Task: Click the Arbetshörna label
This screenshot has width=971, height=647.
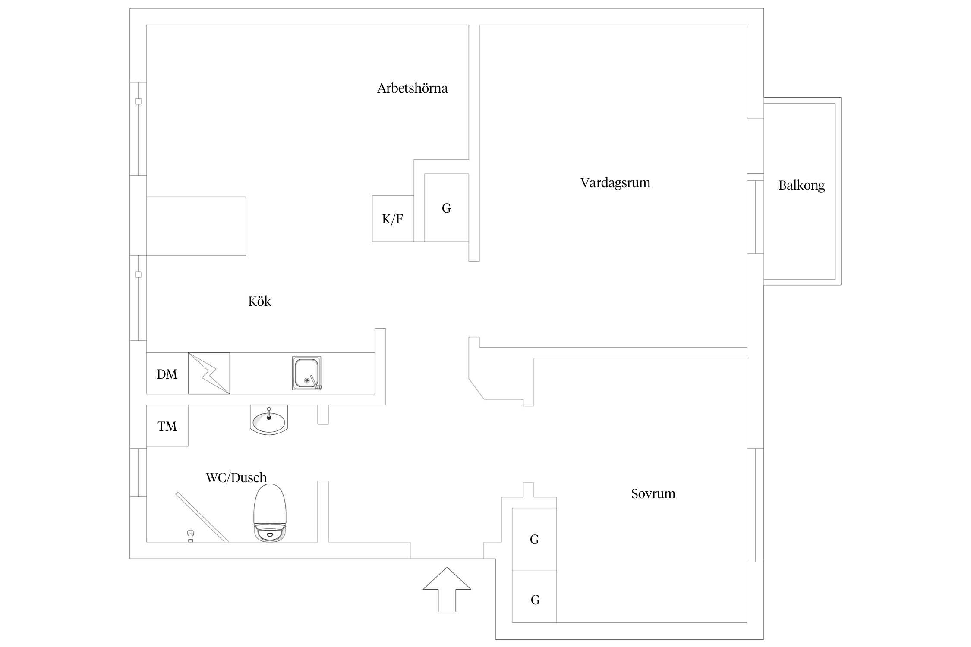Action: point(412,88)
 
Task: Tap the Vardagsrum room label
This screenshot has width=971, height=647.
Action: point(615,183)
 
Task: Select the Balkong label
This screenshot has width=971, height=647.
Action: point(801,185)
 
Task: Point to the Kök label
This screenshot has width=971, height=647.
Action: point(259,301)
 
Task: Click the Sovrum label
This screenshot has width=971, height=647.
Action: point(653,493)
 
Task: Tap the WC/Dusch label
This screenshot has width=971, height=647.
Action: point(236,477)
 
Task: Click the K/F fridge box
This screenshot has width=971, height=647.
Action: point(393,219)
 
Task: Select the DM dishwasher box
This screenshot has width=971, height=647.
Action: point(167,374)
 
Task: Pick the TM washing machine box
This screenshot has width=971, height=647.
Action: point(167,426)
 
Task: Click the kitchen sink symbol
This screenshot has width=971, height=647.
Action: point(307,373)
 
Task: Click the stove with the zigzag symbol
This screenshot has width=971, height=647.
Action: point(209,373)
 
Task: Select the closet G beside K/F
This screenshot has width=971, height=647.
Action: point(446,208)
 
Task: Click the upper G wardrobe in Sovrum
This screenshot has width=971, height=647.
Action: point(534,539)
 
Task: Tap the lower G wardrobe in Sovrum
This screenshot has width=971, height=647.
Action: point(534,600)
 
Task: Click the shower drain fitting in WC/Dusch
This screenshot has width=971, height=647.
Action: point(190,536)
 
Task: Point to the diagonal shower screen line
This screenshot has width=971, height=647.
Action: point(202,517)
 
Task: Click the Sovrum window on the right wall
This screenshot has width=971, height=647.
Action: point(755,505)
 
